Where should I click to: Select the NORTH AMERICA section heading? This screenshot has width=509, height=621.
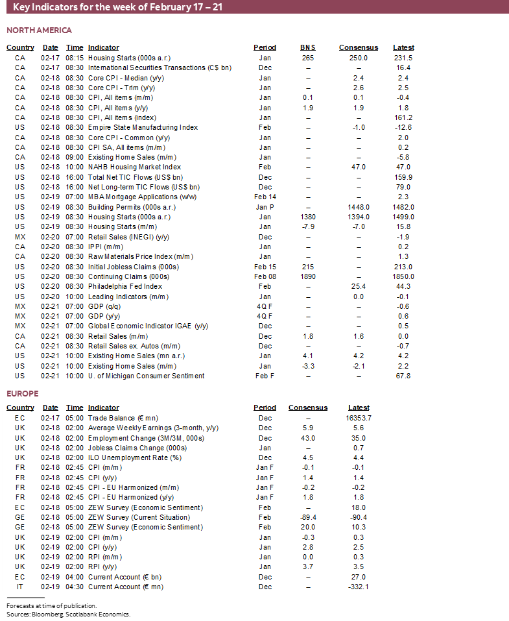(x=39, y=30)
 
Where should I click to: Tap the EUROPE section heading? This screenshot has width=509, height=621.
(x=23, y=394)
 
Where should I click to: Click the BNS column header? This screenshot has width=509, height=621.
(x=308, y=47)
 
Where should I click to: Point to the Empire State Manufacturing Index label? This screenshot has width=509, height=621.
(x=143, y=127)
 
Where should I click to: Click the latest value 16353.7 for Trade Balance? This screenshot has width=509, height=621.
(x=359, y=418)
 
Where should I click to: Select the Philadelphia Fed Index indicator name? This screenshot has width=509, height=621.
(x=125, y=286)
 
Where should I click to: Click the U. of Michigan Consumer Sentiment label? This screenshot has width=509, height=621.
(x=146, y=376)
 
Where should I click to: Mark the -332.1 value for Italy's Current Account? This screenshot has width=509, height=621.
(x=359, y=587)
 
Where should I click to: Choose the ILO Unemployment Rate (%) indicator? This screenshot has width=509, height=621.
(x=134, y=457)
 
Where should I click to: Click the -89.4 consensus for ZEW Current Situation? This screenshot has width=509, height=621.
(x=308, y=517)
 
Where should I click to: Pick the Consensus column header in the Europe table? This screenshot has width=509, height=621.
(x=308, y=408)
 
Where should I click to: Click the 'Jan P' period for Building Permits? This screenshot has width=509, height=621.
(x=265, y=207)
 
